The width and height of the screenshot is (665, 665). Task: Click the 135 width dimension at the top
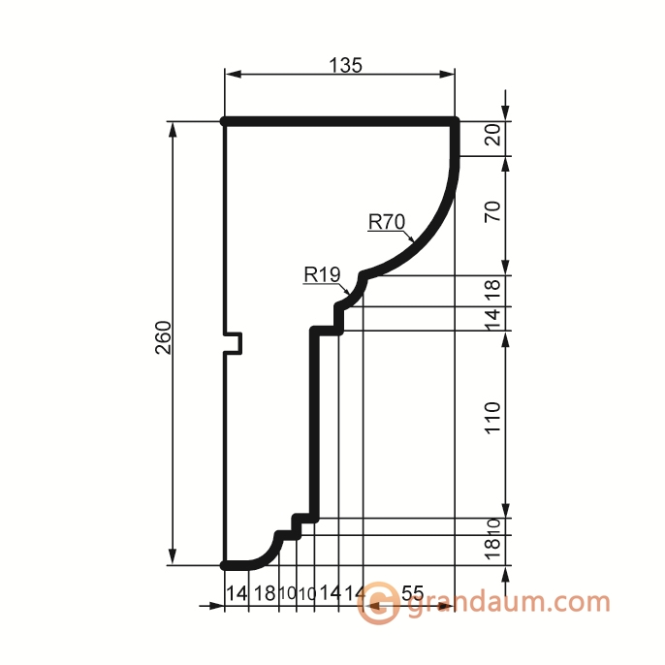(345, 65)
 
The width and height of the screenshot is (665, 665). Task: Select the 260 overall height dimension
(164, 337)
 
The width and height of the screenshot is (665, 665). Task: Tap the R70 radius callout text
(387, 222)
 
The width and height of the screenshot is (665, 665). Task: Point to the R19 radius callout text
(322, 274)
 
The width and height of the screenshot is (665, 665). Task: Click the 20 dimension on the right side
(492, 135)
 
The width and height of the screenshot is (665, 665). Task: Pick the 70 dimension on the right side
(492, 211)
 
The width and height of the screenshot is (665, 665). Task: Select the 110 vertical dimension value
(492, 417)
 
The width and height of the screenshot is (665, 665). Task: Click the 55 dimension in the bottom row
(412, 593)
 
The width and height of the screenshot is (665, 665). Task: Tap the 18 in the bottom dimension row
(265, 593)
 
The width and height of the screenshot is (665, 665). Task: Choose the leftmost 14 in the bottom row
(237, 593)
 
